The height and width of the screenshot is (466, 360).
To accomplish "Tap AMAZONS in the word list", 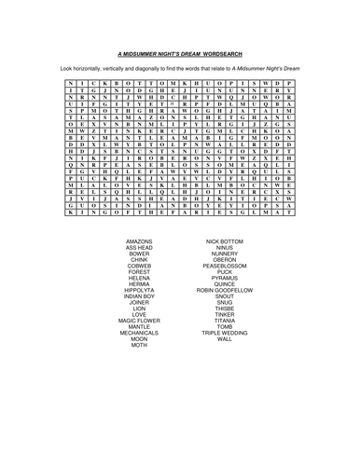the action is click(140, 240).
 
